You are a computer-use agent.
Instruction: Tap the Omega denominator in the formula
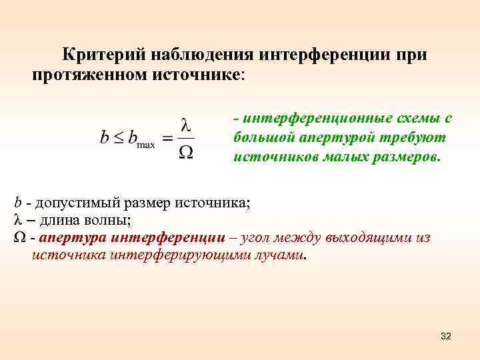187,153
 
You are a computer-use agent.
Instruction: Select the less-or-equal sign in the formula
118,138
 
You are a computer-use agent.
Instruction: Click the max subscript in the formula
145,144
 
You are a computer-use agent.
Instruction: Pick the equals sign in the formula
167,138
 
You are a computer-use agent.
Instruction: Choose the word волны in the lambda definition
109,220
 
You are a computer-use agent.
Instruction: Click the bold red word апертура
73,238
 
